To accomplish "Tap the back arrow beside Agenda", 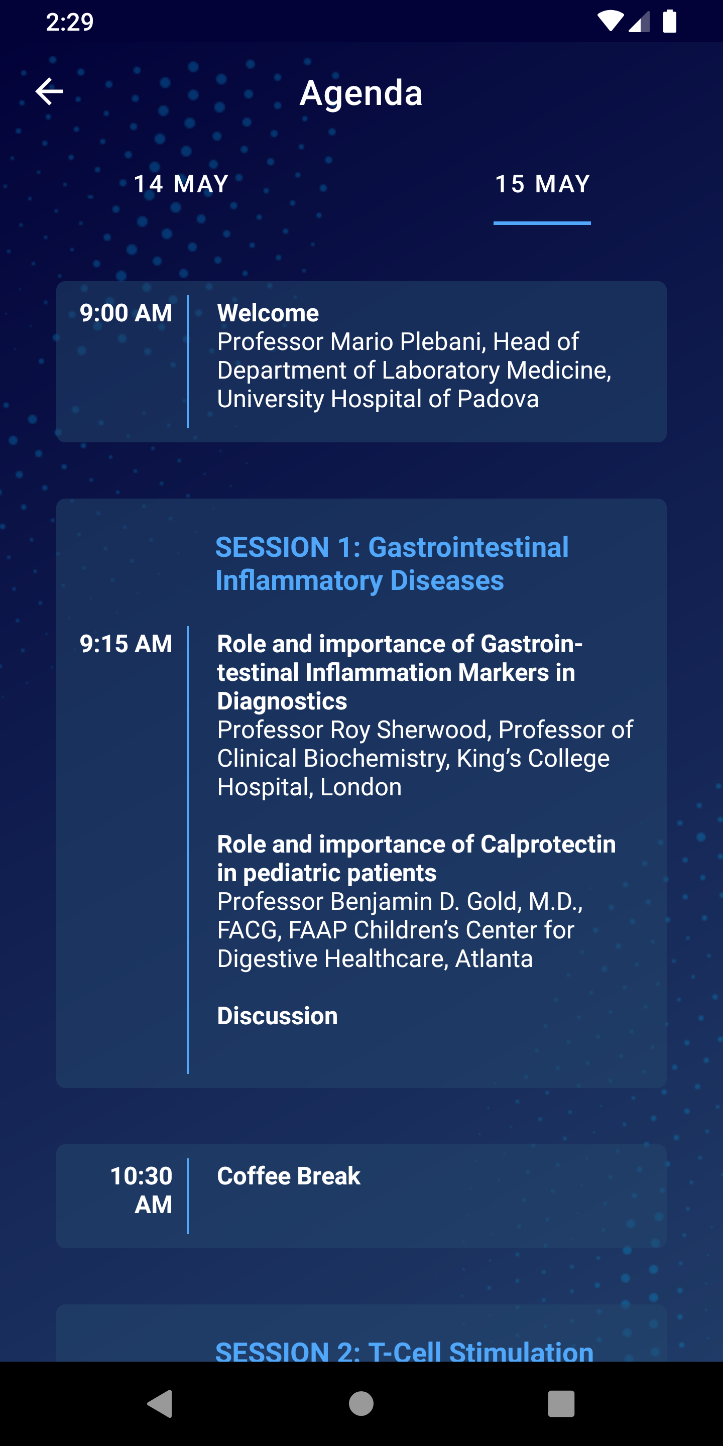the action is coord(49,91).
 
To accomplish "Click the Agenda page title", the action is coord(361,93).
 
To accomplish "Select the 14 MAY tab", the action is coord(181,184).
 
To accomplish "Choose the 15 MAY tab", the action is coord(542,184).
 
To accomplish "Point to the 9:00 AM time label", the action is coord(126,313).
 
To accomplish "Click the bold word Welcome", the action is coord(268,313).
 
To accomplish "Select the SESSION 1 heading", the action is coord(392,563).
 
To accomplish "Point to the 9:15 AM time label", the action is coord(126,644).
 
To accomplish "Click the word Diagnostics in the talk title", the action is coord(282,701).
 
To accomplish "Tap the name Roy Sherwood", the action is coord(411,730).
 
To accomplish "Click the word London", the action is coord(361,787).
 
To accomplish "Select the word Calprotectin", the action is coord(548,844).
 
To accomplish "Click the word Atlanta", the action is coord(494,959).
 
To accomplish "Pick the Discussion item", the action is coord(277,1016).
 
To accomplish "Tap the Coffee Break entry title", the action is coord(289,1176).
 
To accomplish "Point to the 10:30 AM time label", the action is coord(142,1190).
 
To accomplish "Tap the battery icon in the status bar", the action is coord(670,21).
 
